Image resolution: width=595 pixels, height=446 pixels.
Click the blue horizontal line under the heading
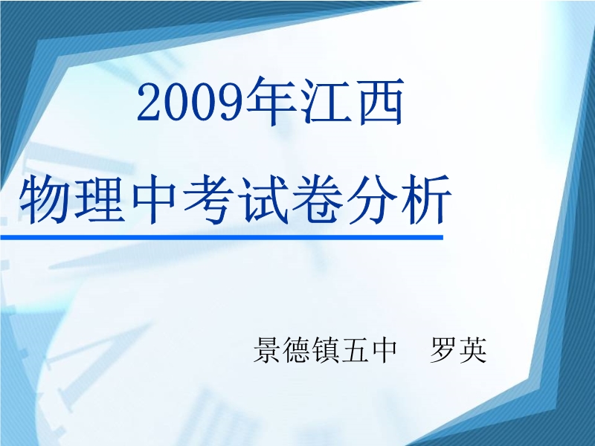(x=222, y=237)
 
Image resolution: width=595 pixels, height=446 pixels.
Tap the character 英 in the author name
(x=473, y=349)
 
